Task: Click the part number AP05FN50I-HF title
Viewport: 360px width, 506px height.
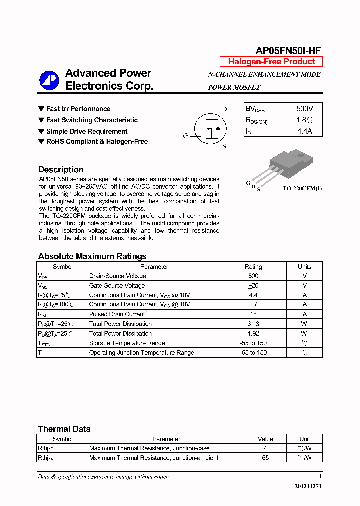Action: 288,50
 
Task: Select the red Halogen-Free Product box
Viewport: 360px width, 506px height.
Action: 271,62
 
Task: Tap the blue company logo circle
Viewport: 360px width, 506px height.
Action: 49,80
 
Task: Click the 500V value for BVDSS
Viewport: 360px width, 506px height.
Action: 304,109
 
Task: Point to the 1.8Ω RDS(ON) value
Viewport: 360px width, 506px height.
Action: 304,120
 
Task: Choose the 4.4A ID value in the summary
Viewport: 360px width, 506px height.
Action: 304,131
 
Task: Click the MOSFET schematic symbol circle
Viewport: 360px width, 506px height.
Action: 210,129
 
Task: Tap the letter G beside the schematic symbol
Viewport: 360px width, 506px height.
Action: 185,136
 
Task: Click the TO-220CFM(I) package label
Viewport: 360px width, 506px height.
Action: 302,188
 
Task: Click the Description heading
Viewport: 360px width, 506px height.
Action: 61,170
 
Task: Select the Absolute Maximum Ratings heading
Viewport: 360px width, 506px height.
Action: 92,256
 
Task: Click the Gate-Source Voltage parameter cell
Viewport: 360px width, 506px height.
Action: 117,286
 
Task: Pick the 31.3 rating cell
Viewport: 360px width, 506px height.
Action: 253,324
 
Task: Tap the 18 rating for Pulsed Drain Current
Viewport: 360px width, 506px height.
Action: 253,314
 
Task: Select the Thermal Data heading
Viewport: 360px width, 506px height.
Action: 64,429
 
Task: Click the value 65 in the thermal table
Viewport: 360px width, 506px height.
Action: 265,458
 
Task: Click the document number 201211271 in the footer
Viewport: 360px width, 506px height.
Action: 308,486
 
